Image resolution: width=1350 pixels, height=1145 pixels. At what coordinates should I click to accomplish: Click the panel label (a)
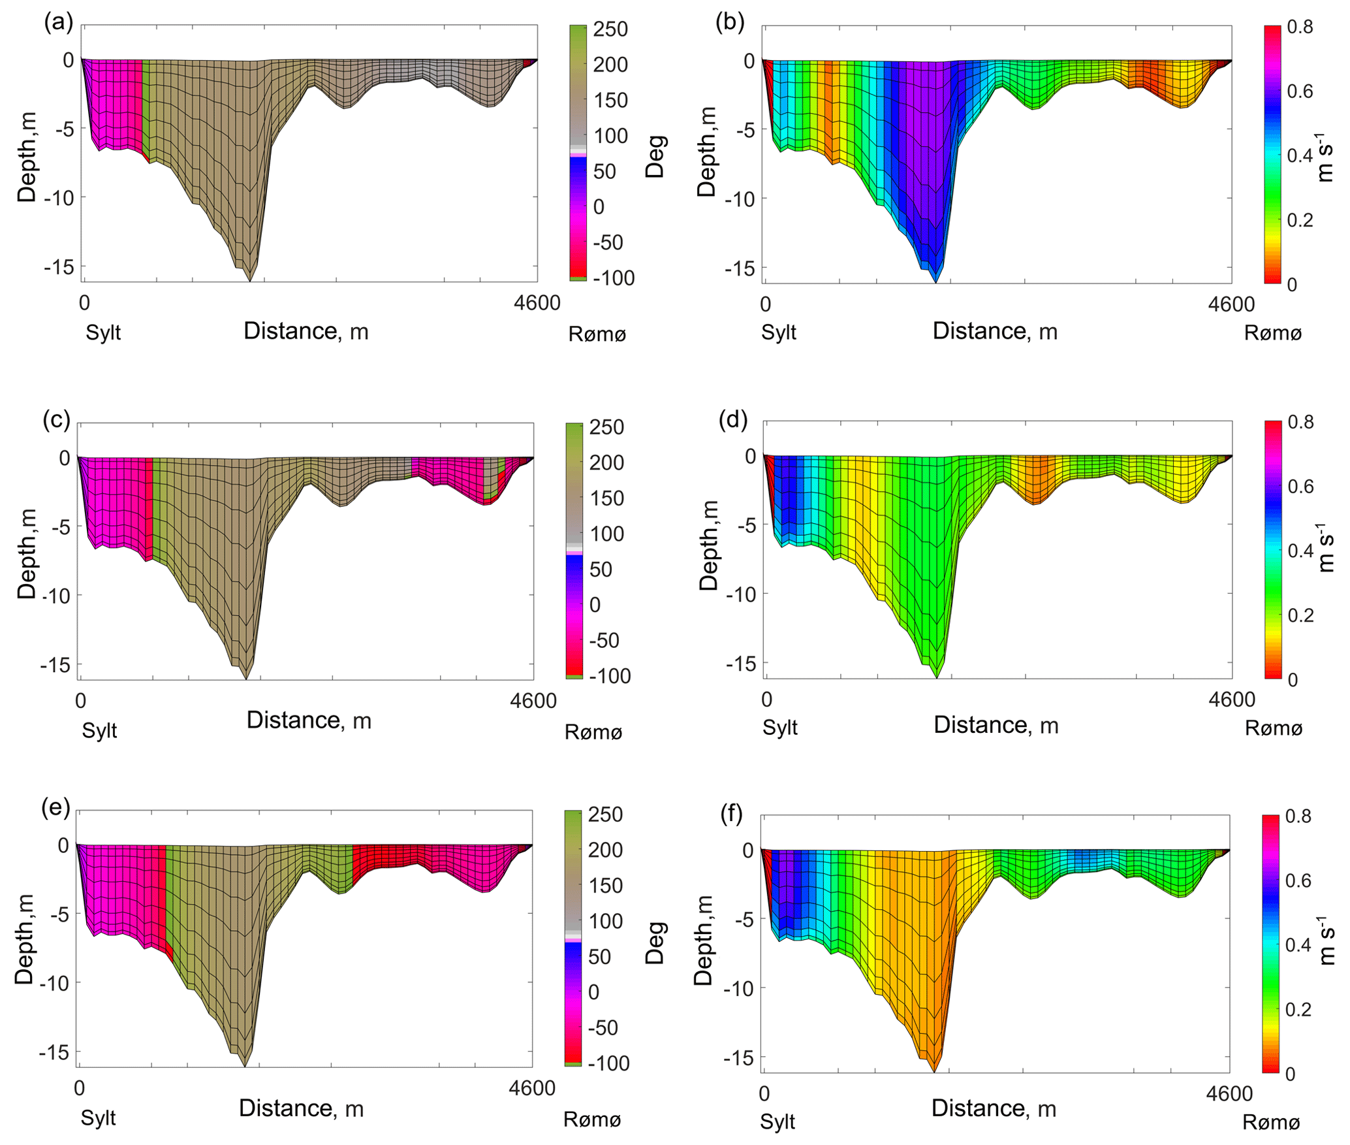point(58,23)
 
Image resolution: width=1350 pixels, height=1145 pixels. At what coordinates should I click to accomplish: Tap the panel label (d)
point(732,419)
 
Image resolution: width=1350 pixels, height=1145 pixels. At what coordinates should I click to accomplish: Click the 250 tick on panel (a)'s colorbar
point(610,29)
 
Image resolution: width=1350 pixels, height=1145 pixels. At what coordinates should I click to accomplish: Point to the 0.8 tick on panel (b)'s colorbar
point(1300,27)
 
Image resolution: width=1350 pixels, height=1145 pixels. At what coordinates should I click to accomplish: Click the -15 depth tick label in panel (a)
point(59,267)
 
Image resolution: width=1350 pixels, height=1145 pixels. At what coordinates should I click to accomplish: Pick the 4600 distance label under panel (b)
point(1231,304)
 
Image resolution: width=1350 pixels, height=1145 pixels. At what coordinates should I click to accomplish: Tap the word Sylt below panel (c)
point(99,730)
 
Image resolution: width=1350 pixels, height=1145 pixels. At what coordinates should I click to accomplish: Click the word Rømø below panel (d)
point(1273,728)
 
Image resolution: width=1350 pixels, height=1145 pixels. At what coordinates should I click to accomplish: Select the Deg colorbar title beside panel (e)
point(655,943)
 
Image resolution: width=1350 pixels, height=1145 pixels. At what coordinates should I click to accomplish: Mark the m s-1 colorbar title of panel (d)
point(1325,547)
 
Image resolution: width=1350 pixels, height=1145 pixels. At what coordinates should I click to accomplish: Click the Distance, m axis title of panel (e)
point(301,1108)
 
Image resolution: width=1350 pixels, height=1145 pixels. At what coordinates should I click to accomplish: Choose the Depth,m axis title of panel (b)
point(706,152)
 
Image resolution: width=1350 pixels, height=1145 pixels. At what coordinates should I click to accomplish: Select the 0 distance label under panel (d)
point(766,700)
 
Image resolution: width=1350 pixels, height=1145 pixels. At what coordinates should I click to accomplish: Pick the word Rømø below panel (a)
point(597,334)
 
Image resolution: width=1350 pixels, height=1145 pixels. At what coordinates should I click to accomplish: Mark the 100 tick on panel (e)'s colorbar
point(606,921)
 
